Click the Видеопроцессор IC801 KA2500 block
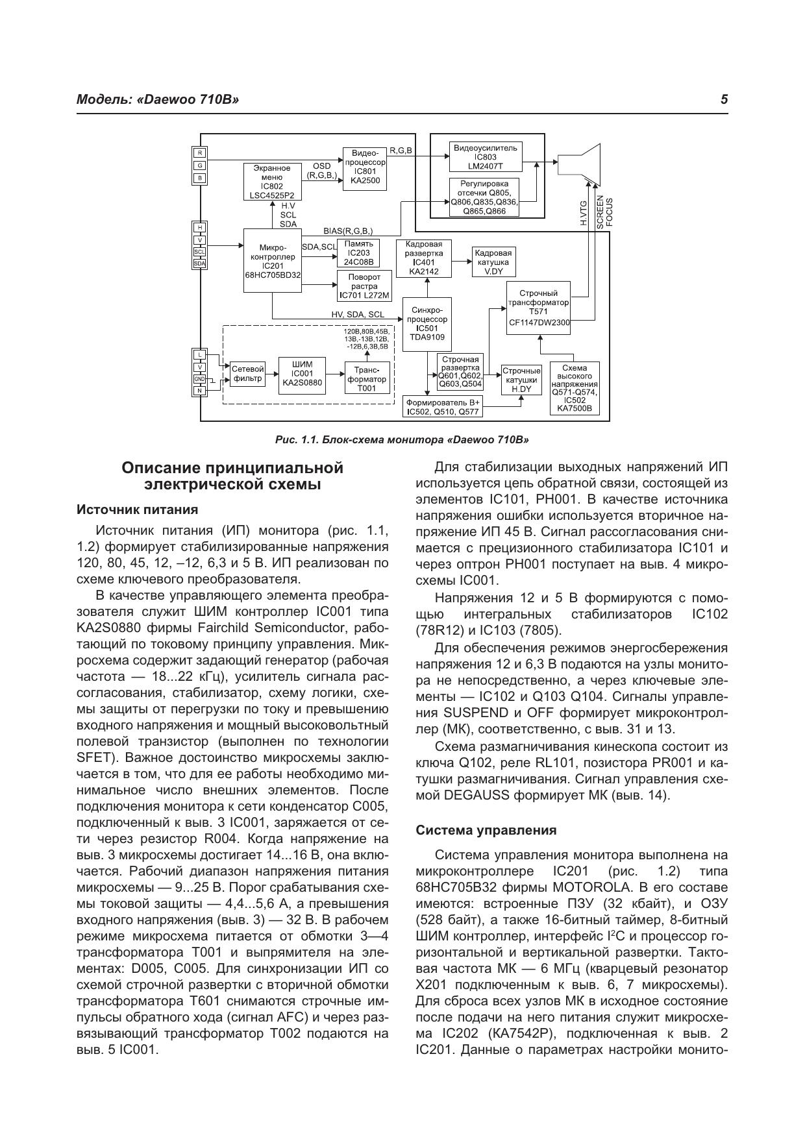click(x=364, y=169)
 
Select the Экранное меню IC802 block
click(x=272, y=181)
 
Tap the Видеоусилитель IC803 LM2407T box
click(x=486, y=156)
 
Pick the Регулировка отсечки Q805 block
click(x=487, y=197)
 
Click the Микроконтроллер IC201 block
click(x=273, y=262)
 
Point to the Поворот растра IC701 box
click(x=364, y=286)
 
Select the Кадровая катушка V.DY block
click(x=493, y=262)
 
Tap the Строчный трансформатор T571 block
click(x=539, y=308)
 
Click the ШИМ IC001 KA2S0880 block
click(x=303, y=374)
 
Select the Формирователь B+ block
click(x=443, y=407)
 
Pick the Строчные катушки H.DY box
click(x=521, y=380)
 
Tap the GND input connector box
click(x=199, y=379)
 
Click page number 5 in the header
click(x=724, y=100)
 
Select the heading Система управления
click(x=486, y=830)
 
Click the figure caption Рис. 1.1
click(x=402, y=440)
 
